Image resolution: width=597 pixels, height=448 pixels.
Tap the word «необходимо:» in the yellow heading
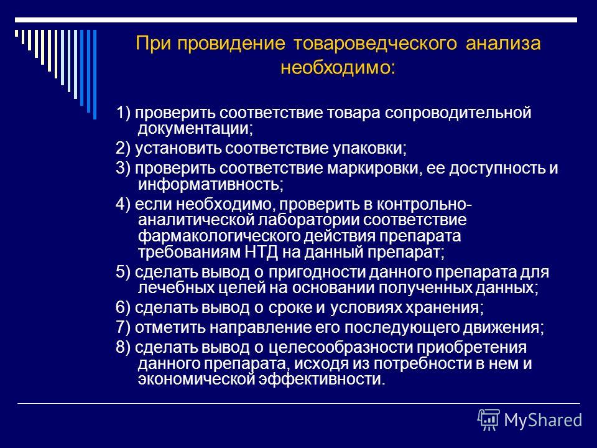(x=338, y=68)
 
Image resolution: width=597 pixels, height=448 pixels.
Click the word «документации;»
(x=195, y=129)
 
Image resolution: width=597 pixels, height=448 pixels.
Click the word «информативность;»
(x=211, y=185)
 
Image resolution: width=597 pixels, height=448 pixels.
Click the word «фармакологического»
(x=220, y=236)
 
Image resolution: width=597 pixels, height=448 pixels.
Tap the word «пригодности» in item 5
(x=318, y=273)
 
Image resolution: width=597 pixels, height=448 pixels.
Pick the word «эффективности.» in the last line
(x=322, y=380)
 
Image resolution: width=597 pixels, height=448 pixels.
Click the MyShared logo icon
(x=489, y=420)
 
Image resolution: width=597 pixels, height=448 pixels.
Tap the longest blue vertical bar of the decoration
(x=95, y=75)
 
